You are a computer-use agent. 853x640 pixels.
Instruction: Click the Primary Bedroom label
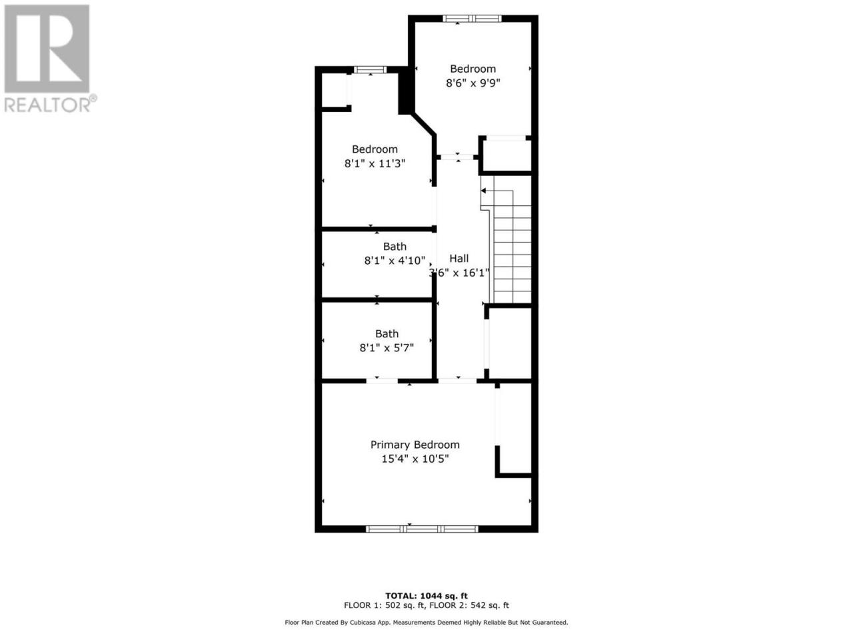pyautogui.click(x=415, y=445)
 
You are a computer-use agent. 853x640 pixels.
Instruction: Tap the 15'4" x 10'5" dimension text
pyautogui.click(x=415, y=459)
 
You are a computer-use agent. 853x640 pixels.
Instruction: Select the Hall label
pyautogui.click(x=459, y=259)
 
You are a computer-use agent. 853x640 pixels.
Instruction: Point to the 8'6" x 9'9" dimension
pyautogui.click(x=472, y=83)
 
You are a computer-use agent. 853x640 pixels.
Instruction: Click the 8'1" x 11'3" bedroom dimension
pyautogui.click(x=375, y=163)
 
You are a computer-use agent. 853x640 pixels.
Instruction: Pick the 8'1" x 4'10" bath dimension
pyautogui.click(x=395, y=261)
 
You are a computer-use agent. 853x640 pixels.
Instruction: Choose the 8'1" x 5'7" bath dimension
pyautogui.click(x=387, y=347)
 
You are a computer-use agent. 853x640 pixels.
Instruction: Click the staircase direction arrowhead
pyautogui.click(x=483, y=191)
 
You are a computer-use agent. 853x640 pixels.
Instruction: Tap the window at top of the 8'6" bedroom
pyautogui.click(x=472, y=18)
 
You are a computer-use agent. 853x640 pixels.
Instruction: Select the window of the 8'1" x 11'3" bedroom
pyautogui.click(x=370, y=70)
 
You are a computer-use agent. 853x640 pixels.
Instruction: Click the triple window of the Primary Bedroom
pyautogui.click(x=422, y=529)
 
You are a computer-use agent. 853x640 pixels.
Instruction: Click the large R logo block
pyautogui.click(x=47, y=49)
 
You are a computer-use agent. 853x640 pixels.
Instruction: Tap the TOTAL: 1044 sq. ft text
pyautogui.click(x=426, y=596)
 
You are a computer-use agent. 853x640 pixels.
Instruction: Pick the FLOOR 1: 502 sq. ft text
pyautogui.click(x=385, y=605)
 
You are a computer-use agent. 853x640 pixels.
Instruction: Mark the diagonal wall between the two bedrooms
pyautogui.click(x=424, y=125)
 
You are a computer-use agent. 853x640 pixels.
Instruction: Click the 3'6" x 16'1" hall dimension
pyautogui.click(x=459, y=273)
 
